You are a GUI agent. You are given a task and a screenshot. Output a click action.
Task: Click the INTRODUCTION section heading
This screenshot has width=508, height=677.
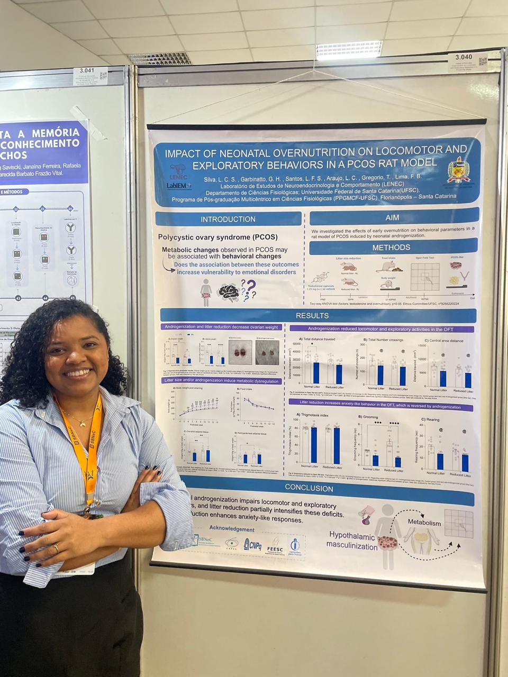[x=228, y=219]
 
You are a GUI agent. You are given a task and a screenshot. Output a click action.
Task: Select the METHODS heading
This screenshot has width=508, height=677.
[x=391, y=247]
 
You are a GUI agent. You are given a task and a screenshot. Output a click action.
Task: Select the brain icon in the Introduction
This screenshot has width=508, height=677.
[x=229, y=292]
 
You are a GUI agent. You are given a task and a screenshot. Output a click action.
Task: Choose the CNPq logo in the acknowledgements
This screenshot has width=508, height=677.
[x=252, y=544]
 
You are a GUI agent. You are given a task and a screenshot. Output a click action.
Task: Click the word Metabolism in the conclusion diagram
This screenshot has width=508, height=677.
[x=423, y=523]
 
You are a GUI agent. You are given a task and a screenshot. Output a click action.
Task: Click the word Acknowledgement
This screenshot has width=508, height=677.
[x=231, y=529]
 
